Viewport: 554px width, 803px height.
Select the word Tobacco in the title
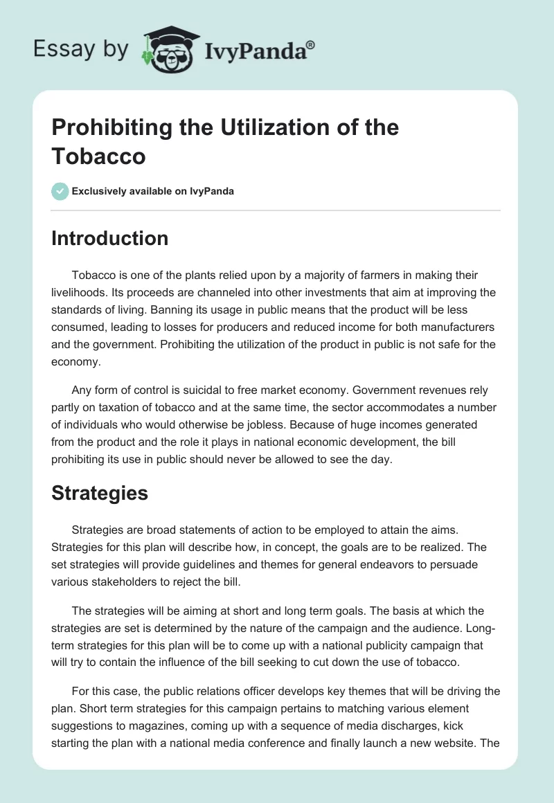(98, 156)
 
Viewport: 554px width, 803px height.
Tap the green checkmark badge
(60, 191)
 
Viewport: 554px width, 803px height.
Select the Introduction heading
(110, 238)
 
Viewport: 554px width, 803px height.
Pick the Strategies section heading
(100, 493)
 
